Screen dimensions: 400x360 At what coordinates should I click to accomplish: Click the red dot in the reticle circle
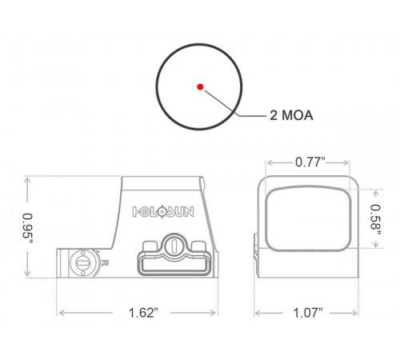(200, 86)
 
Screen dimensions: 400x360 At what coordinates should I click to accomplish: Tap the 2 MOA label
(291, 115)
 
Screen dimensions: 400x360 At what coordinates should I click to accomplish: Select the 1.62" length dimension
(143, 313)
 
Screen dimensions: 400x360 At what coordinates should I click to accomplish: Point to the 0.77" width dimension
(310, 162)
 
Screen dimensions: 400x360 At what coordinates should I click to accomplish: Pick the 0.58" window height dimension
(375, 220)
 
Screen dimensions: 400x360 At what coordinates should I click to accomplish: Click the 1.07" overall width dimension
(308, 313)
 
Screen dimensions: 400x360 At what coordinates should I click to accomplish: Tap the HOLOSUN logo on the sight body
(163, 212)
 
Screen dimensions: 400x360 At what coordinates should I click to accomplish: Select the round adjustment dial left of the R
(82, 262)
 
